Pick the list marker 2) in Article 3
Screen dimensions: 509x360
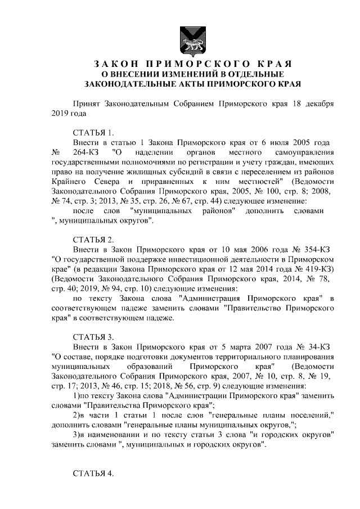coord(78,415)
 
